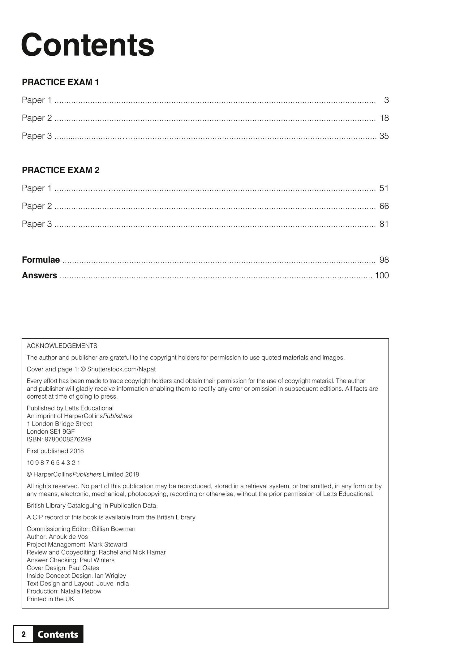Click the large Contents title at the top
click(88, 45)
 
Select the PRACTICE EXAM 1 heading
click(60, 82)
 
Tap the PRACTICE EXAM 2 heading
click(61, 170)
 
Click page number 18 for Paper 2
click(384, 118)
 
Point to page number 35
click(384, 136)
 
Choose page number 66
click(384, 206)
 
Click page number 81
click(384, 224)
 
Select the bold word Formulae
click(41, 260)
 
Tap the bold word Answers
click(39, 276)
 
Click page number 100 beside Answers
click(382, 276)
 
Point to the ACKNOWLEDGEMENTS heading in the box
click(62, 346)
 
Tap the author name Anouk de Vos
click(68, 537)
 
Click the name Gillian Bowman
click(114, 529)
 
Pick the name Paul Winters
click(97, 560)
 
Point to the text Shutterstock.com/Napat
click(121, 369)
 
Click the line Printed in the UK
click(50, 599)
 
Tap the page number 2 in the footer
click(24, 634)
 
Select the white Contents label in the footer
click(58, 635)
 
